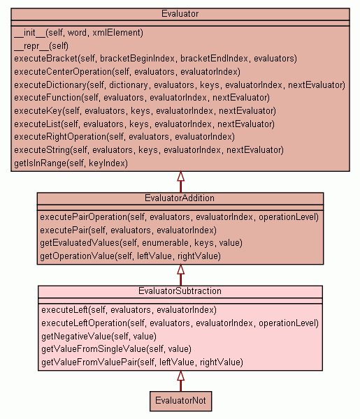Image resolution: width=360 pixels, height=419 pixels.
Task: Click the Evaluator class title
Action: pos(180,14)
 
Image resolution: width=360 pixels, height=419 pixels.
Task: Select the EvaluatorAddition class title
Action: pos(180,198)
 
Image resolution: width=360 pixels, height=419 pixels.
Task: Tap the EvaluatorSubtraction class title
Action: pos(180,291)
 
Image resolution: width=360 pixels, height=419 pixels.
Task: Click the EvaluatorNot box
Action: pos(180,401)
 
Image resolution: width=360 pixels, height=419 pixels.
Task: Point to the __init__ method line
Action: pos(78,33)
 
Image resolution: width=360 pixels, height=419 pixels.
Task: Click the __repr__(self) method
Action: pos(41,46)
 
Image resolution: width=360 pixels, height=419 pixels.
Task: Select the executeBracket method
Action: pos(155,59)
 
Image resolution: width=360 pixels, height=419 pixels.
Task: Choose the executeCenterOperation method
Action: pos(127,72)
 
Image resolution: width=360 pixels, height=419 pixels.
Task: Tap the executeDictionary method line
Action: pos(180,85)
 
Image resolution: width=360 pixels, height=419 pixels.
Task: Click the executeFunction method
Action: pos(142,98)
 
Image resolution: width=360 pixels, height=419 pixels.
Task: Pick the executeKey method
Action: pos(145,110)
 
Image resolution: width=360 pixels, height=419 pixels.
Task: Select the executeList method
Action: pos(145,124)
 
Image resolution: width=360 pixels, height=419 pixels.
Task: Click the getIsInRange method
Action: pos(71,163)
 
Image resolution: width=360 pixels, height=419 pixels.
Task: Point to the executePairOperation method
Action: pos(179,217)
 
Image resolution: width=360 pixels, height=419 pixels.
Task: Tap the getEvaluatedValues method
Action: pos(141,243)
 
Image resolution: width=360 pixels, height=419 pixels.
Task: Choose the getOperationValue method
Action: pos(130,256)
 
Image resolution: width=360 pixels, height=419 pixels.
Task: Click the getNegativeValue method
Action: pos(99,336)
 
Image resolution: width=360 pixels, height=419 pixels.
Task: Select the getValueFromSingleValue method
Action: pos(116,349)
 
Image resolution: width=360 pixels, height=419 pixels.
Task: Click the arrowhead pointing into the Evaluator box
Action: pos(181,176)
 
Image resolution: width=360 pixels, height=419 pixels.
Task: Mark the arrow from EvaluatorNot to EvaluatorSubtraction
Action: pos(181,381)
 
